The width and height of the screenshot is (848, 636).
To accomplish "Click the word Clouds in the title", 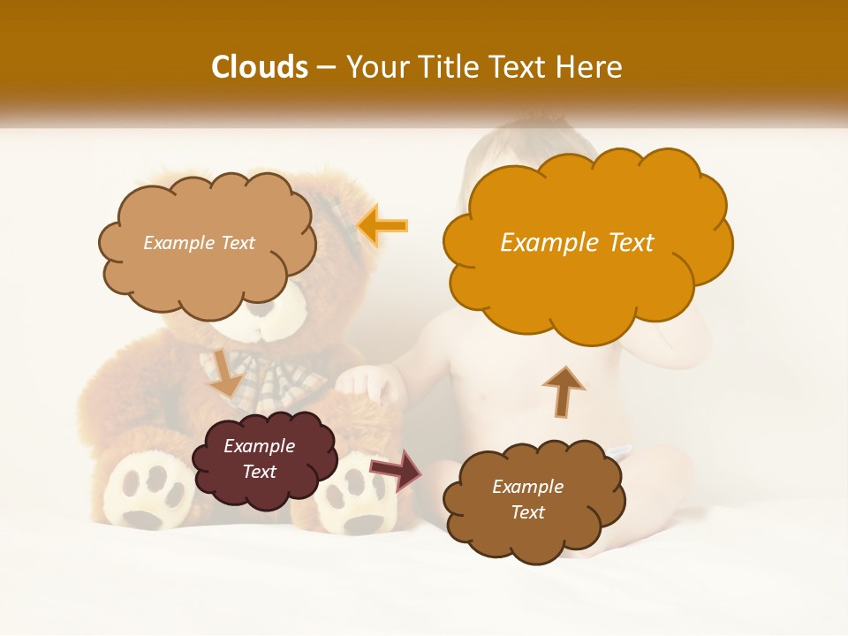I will click(260, 67).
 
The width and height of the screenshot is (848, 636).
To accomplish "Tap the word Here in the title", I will click(589, 67).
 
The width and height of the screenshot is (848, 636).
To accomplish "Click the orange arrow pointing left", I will click(382, 225).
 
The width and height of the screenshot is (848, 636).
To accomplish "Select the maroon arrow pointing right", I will click(397, 470).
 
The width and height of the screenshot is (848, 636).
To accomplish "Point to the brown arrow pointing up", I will click(563, 391).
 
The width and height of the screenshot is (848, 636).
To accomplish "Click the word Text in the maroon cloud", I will click(260, 472).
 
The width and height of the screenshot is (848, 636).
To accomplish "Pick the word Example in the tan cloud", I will click(178, 243).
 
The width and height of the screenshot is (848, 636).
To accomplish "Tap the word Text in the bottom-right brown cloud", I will click(528, 512).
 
